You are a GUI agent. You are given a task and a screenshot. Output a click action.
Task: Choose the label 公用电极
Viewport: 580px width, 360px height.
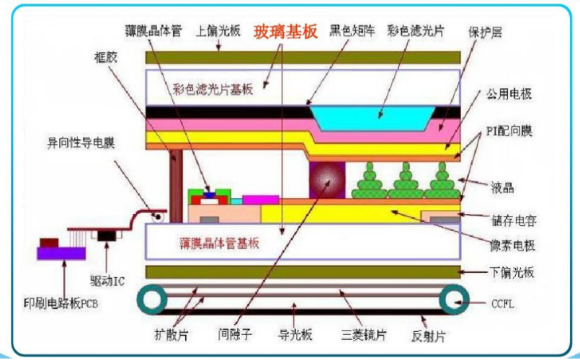tap(507, 94)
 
